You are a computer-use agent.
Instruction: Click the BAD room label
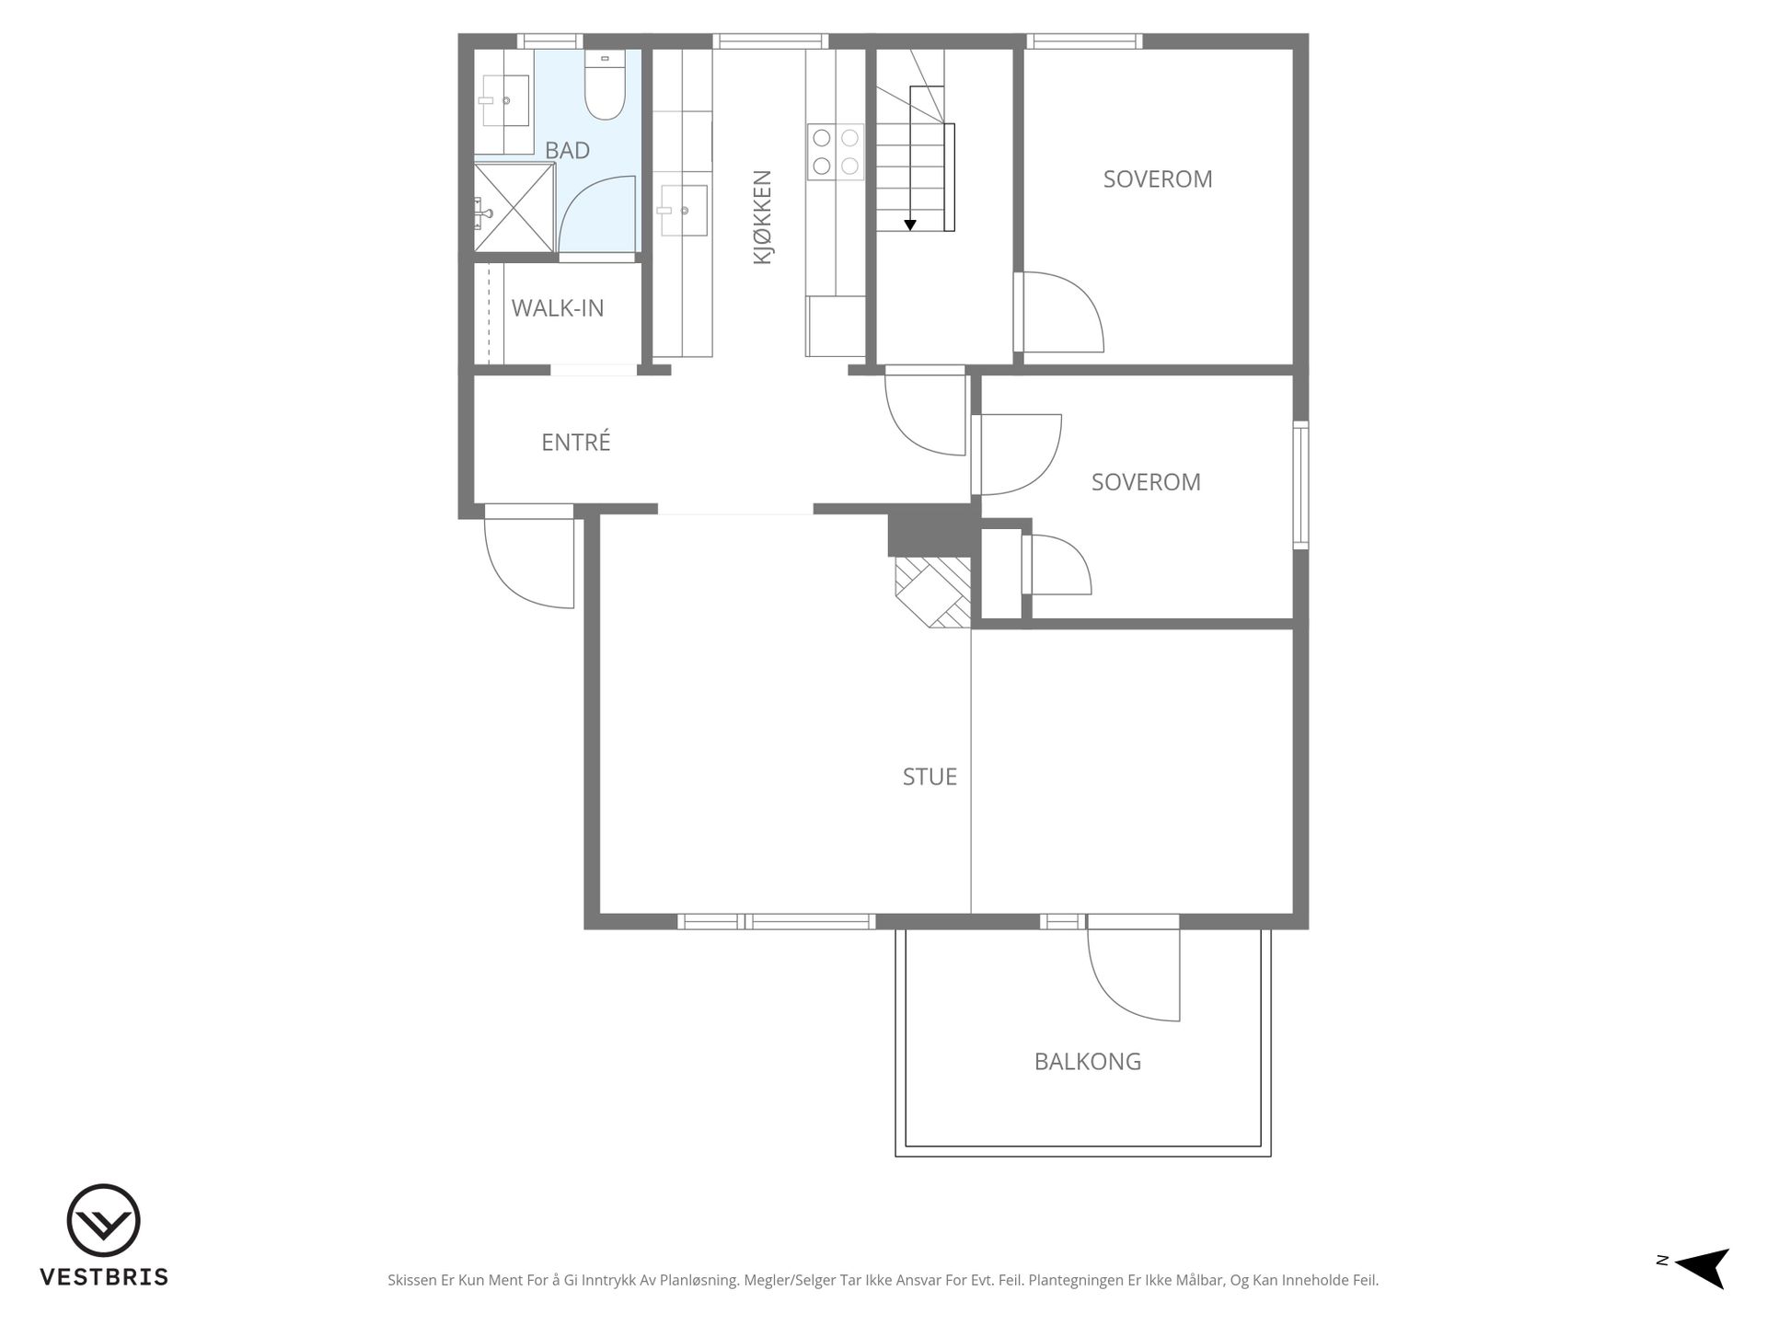tap(567, 150)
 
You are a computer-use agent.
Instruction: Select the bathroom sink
tap(504, 100)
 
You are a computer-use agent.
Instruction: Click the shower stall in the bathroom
tap(514, 207)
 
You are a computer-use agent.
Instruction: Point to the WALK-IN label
tap(558, 308)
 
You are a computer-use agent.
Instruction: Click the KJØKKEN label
tap(762, 217)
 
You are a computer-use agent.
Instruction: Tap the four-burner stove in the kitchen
tap(836, 152)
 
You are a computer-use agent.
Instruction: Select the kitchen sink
tap(683, 210)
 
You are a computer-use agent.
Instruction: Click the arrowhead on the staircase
tap(910, 225)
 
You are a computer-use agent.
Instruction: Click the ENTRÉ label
tap(576, 443)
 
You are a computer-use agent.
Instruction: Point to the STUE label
tap(930, 778)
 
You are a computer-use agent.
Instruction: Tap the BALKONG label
tap(1088, 1062)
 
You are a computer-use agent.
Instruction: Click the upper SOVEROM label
tap(1158, 179)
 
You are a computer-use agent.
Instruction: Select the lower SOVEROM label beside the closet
tap(1146, 482)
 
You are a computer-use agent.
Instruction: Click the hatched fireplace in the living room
tap(933, 593)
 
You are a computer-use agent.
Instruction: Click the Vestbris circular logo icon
tap(103, 1220)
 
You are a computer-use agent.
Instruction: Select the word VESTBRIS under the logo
tap(104, 1277)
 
